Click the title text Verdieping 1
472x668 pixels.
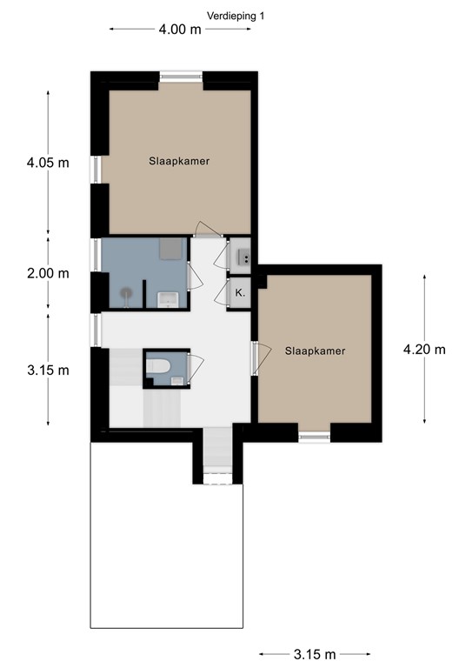pyautogui.click(x=236, y=17)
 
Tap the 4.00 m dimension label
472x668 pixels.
pyautogui.click(x=180, y=30)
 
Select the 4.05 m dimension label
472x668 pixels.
pyautogui.click(x=48, y=163)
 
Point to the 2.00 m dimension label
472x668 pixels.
pyautogui.click(x=48, y=273)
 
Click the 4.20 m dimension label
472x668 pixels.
pyautogui.click(x=424, y=350)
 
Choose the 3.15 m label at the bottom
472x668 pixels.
pyautogui.click(x=315, y=654)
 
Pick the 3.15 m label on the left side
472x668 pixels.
pyautogui.click(x=48, y=370)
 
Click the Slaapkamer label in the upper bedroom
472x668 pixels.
pyautogui.click(x=179, y=161)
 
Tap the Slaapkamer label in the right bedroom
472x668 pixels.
pyautogui.click(x=315, y=351)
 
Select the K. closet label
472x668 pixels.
pyautogui.click(x=241, y=293)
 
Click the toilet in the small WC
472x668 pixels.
pyautogui.click(x=158, y=366)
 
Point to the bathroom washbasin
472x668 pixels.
pyautogui.click(x=168, y=299)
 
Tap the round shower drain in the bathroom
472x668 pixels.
pyautogui.click(x=126, y=292)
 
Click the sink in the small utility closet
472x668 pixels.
pyautogui.click(x=244, y=257)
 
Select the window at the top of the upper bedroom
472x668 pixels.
pyautogui.click(x=181, y=77)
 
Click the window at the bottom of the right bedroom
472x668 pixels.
pyautogui.click(x=314, y=437)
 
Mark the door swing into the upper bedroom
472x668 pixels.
pyautogui.click(x=208, y=230)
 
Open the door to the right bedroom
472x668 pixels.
pyautogui.click(x=262, y=357)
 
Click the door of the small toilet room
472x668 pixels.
pyautogui.click(x=196, y=368)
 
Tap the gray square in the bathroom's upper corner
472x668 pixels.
pyautogui.click(x=170, y=249)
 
